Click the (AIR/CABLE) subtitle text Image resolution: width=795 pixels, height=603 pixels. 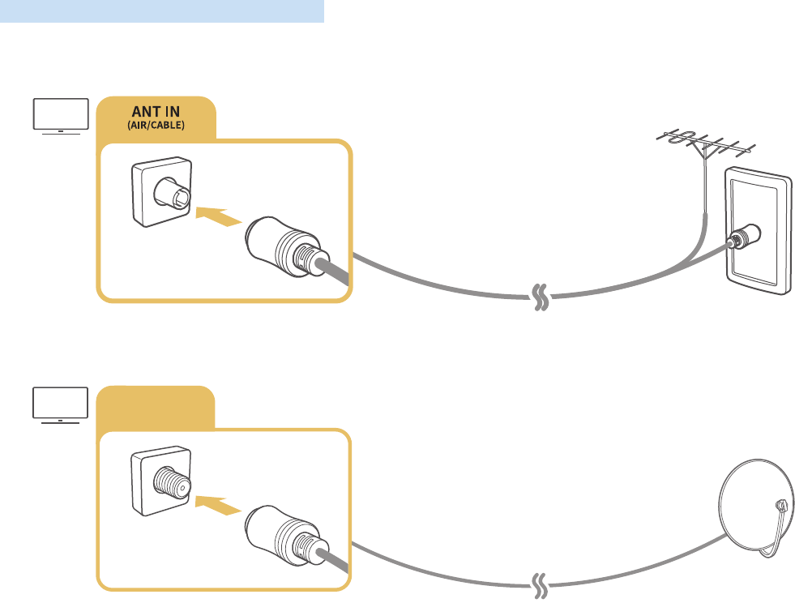pos(155,126)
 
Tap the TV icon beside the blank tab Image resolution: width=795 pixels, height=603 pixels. pos(60,404)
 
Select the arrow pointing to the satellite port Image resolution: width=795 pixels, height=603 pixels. pos(218,506)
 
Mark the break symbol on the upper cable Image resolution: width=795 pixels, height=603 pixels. pos(538,297)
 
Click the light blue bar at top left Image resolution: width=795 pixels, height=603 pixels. pos(162,11)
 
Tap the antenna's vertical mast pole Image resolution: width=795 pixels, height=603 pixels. pos(707,186)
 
